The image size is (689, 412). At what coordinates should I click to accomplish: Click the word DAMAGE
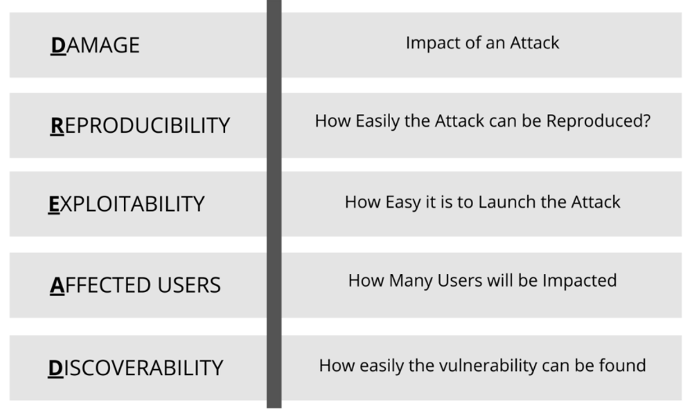click(95, 46)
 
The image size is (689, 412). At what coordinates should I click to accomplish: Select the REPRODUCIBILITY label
click(140, 126)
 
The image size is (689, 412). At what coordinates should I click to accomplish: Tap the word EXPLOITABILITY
click(127, 204)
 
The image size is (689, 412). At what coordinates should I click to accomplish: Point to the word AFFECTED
click(101, 285)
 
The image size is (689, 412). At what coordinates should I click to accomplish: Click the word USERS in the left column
click(189, 285)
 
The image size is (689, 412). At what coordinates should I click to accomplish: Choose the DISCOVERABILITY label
click(135, 368)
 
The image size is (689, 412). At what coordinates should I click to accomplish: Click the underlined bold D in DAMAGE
click(58, 46)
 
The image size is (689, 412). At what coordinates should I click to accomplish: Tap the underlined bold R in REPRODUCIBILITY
click(57, 126)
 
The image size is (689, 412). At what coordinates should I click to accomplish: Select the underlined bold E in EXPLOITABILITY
click(54, 204)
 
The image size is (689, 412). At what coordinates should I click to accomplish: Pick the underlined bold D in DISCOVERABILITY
click(56, 368)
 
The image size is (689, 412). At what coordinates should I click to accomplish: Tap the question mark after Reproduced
click(646, 121)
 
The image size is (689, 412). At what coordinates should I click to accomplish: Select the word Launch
click(507, 202)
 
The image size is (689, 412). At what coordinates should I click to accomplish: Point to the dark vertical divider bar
click(273, 204)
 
